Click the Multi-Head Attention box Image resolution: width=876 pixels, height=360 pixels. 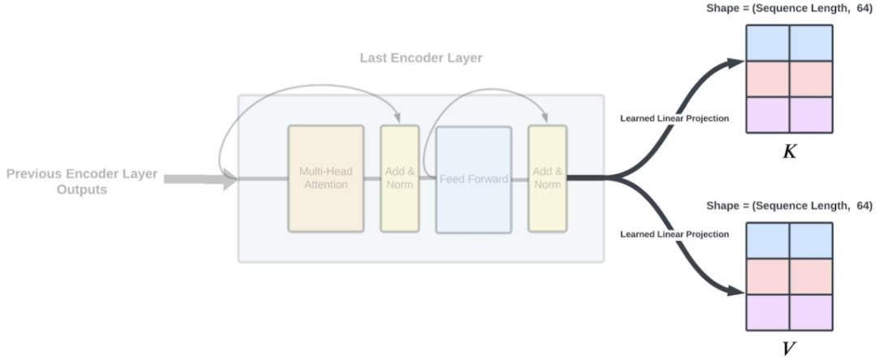coord(325,178)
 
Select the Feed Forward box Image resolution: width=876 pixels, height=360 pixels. coord(474,178)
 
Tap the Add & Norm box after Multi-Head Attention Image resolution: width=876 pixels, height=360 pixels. coord(400,178)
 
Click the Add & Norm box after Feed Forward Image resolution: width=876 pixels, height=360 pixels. coord(547,178)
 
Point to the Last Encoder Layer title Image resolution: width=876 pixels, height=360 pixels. coord(421,58)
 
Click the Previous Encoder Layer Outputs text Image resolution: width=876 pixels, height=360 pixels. coord(82,182)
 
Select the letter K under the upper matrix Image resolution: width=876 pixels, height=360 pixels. coord(788,152)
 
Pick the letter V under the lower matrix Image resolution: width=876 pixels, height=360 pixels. coord(788,349)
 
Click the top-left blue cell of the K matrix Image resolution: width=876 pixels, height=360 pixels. coord(766,43)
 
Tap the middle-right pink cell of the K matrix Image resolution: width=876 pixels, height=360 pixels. coord(811,79)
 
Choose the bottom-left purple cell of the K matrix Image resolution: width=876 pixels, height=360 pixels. coord(766,114)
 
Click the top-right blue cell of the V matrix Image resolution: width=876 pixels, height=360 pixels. coord(811,240)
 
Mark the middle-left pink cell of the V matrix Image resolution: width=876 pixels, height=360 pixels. coord(766,276)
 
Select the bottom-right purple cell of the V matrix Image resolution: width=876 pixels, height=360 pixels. coord(811,311)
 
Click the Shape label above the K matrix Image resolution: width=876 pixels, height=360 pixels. coord(788,9)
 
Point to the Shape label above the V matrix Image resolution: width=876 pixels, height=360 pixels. coord(788,206)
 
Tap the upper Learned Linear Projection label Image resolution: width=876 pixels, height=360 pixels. coord(674,118)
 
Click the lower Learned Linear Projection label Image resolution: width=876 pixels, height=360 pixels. coord(674,234)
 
